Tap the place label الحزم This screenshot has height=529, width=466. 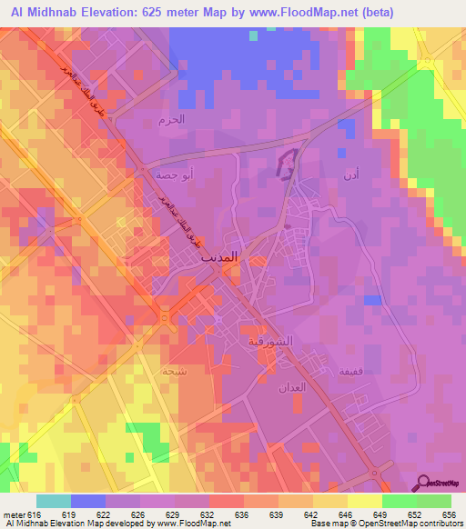tap(170, 119)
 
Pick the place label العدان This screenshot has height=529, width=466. tap(289, 387)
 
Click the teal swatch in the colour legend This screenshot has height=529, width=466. tap(54, 501)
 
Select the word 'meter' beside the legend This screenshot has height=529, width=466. tap(13, 514)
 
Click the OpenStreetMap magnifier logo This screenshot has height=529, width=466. tap(423, 483)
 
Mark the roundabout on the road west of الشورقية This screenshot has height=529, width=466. tap(164, 317)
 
